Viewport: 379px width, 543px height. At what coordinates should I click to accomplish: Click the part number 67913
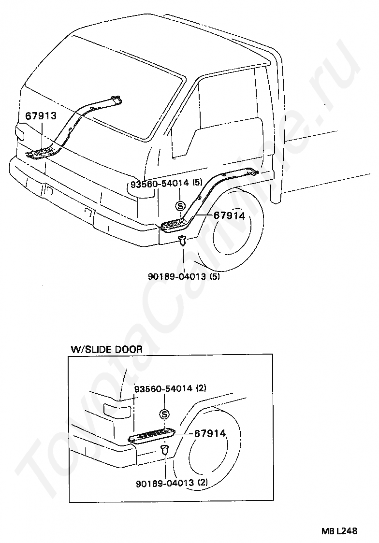coord(41,115)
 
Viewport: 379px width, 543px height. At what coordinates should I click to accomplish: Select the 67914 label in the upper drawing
coord(229,216)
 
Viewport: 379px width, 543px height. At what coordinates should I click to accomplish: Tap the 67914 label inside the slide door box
coord(210,433)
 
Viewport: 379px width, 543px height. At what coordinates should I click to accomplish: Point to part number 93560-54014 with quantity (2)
coord(170,388)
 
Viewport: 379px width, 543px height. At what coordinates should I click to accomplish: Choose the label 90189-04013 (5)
coord(184,276)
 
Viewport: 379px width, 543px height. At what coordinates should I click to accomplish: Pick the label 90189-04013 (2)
coord(172,483)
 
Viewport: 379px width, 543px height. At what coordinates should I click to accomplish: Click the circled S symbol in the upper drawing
coord(180,206)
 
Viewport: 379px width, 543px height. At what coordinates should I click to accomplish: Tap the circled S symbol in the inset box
coord(164,414)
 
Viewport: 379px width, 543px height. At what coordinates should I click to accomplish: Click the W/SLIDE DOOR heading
coord(107,349)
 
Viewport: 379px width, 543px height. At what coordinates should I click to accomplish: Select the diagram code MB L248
coord(339,530)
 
